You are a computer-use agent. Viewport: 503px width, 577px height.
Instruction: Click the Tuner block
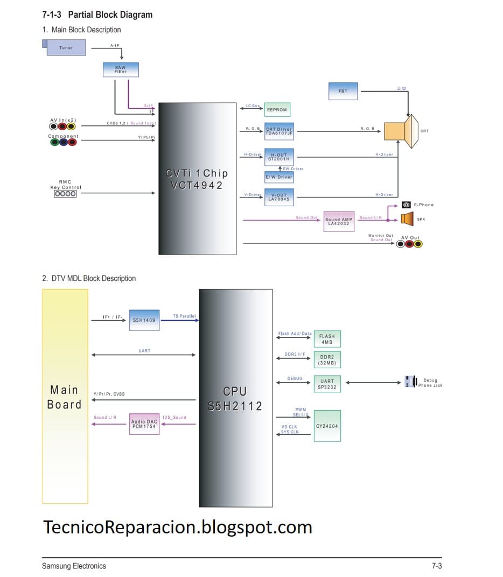(66, 48)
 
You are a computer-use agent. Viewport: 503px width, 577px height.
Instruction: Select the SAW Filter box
(121, 69)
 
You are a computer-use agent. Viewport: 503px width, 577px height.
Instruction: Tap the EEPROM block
(277, 110)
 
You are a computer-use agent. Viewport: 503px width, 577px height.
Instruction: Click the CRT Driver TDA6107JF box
(279, 131)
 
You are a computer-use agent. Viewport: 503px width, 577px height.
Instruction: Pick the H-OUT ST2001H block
(279, 157)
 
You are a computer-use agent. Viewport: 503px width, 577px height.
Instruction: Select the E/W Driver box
(279, 177)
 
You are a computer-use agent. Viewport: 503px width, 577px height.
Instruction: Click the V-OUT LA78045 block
(279, 197)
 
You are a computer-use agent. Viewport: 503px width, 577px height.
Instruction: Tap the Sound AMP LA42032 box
(339, 221)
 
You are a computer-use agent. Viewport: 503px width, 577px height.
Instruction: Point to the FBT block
(343, 92)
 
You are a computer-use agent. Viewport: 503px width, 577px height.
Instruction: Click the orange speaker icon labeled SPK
(407, 219)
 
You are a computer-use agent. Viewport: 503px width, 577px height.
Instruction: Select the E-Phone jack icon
(407, 205)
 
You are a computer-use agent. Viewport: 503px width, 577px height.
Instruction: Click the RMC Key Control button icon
(65, 194)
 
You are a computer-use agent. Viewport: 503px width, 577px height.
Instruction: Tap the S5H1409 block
(144, 320)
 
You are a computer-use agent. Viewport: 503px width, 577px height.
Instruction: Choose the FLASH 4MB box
(327, 339)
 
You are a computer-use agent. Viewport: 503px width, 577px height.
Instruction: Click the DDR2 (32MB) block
(327, 360)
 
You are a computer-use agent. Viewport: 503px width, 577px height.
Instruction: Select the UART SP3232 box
(327, 384)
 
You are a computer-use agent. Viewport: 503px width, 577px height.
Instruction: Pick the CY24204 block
(327, 426)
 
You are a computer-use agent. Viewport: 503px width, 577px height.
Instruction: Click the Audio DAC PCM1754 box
(144, 424)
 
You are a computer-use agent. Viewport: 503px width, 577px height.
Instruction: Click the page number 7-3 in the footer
(436, 566)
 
